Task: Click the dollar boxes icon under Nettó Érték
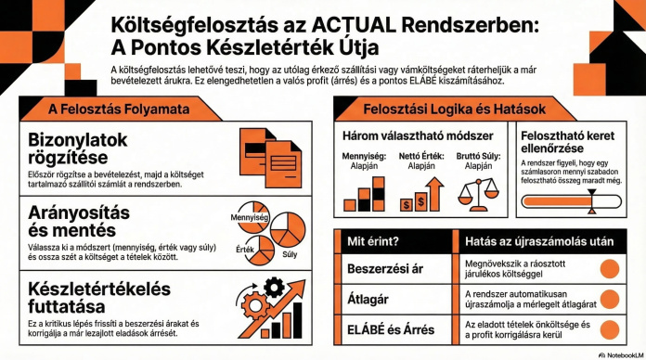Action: coord(418,197)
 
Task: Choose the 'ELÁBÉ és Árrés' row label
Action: coord(392,328)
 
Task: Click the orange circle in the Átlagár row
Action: coord(610,298)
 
